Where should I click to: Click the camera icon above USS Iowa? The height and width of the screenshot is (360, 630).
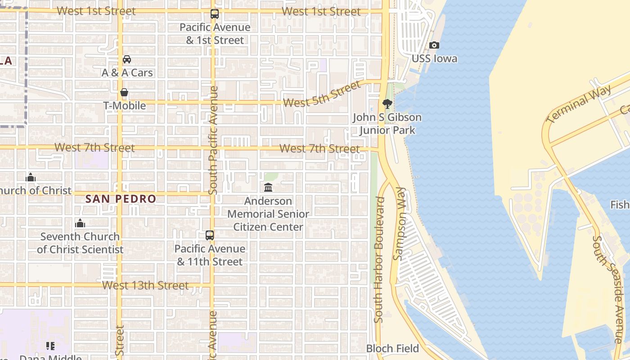434,45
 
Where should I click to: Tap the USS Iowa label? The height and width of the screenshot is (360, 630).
434,58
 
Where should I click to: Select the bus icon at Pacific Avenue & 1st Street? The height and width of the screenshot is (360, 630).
215,14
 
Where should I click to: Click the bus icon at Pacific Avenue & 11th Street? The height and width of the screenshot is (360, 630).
210,235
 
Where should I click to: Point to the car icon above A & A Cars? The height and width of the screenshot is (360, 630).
127,59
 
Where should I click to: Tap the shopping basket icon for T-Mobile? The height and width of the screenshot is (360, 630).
124,92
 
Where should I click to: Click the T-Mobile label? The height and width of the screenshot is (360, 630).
125,106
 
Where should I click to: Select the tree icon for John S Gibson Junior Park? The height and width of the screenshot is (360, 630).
387,104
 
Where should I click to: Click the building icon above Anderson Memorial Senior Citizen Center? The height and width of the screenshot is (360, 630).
268,187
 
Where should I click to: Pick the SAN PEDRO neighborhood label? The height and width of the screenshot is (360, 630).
121,198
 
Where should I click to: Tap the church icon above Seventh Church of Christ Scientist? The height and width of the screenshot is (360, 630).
80,223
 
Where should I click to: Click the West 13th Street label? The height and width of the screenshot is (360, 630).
145,285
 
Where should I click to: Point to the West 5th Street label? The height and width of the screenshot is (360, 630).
322,95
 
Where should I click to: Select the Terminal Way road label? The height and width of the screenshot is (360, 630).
579,104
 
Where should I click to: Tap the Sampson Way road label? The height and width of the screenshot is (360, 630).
399,224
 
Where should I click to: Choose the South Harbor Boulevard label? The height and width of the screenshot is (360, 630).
380,260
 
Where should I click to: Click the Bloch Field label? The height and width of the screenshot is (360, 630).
392,348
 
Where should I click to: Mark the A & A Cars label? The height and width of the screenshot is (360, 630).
127,72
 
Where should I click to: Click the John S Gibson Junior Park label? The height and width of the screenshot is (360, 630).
387,124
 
